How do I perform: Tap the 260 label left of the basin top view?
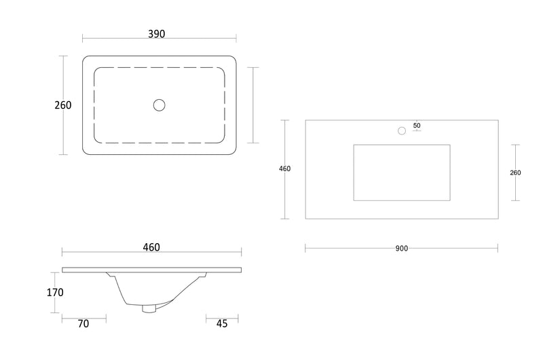point(62,105)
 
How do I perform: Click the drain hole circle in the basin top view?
point(160,105)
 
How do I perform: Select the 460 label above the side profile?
point(151,247)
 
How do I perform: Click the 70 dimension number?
point(83,324)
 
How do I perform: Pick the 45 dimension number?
point(221,324)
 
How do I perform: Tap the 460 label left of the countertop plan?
point(285,169)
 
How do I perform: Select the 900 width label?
point(402,249)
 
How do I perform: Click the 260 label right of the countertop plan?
point(515,173)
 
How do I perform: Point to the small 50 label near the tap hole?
point(417,126)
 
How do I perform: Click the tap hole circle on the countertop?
point(402,130)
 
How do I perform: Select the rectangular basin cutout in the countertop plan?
point(401,173)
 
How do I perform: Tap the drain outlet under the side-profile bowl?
point(149,309)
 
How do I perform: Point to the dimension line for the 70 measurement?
point(83,317)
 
